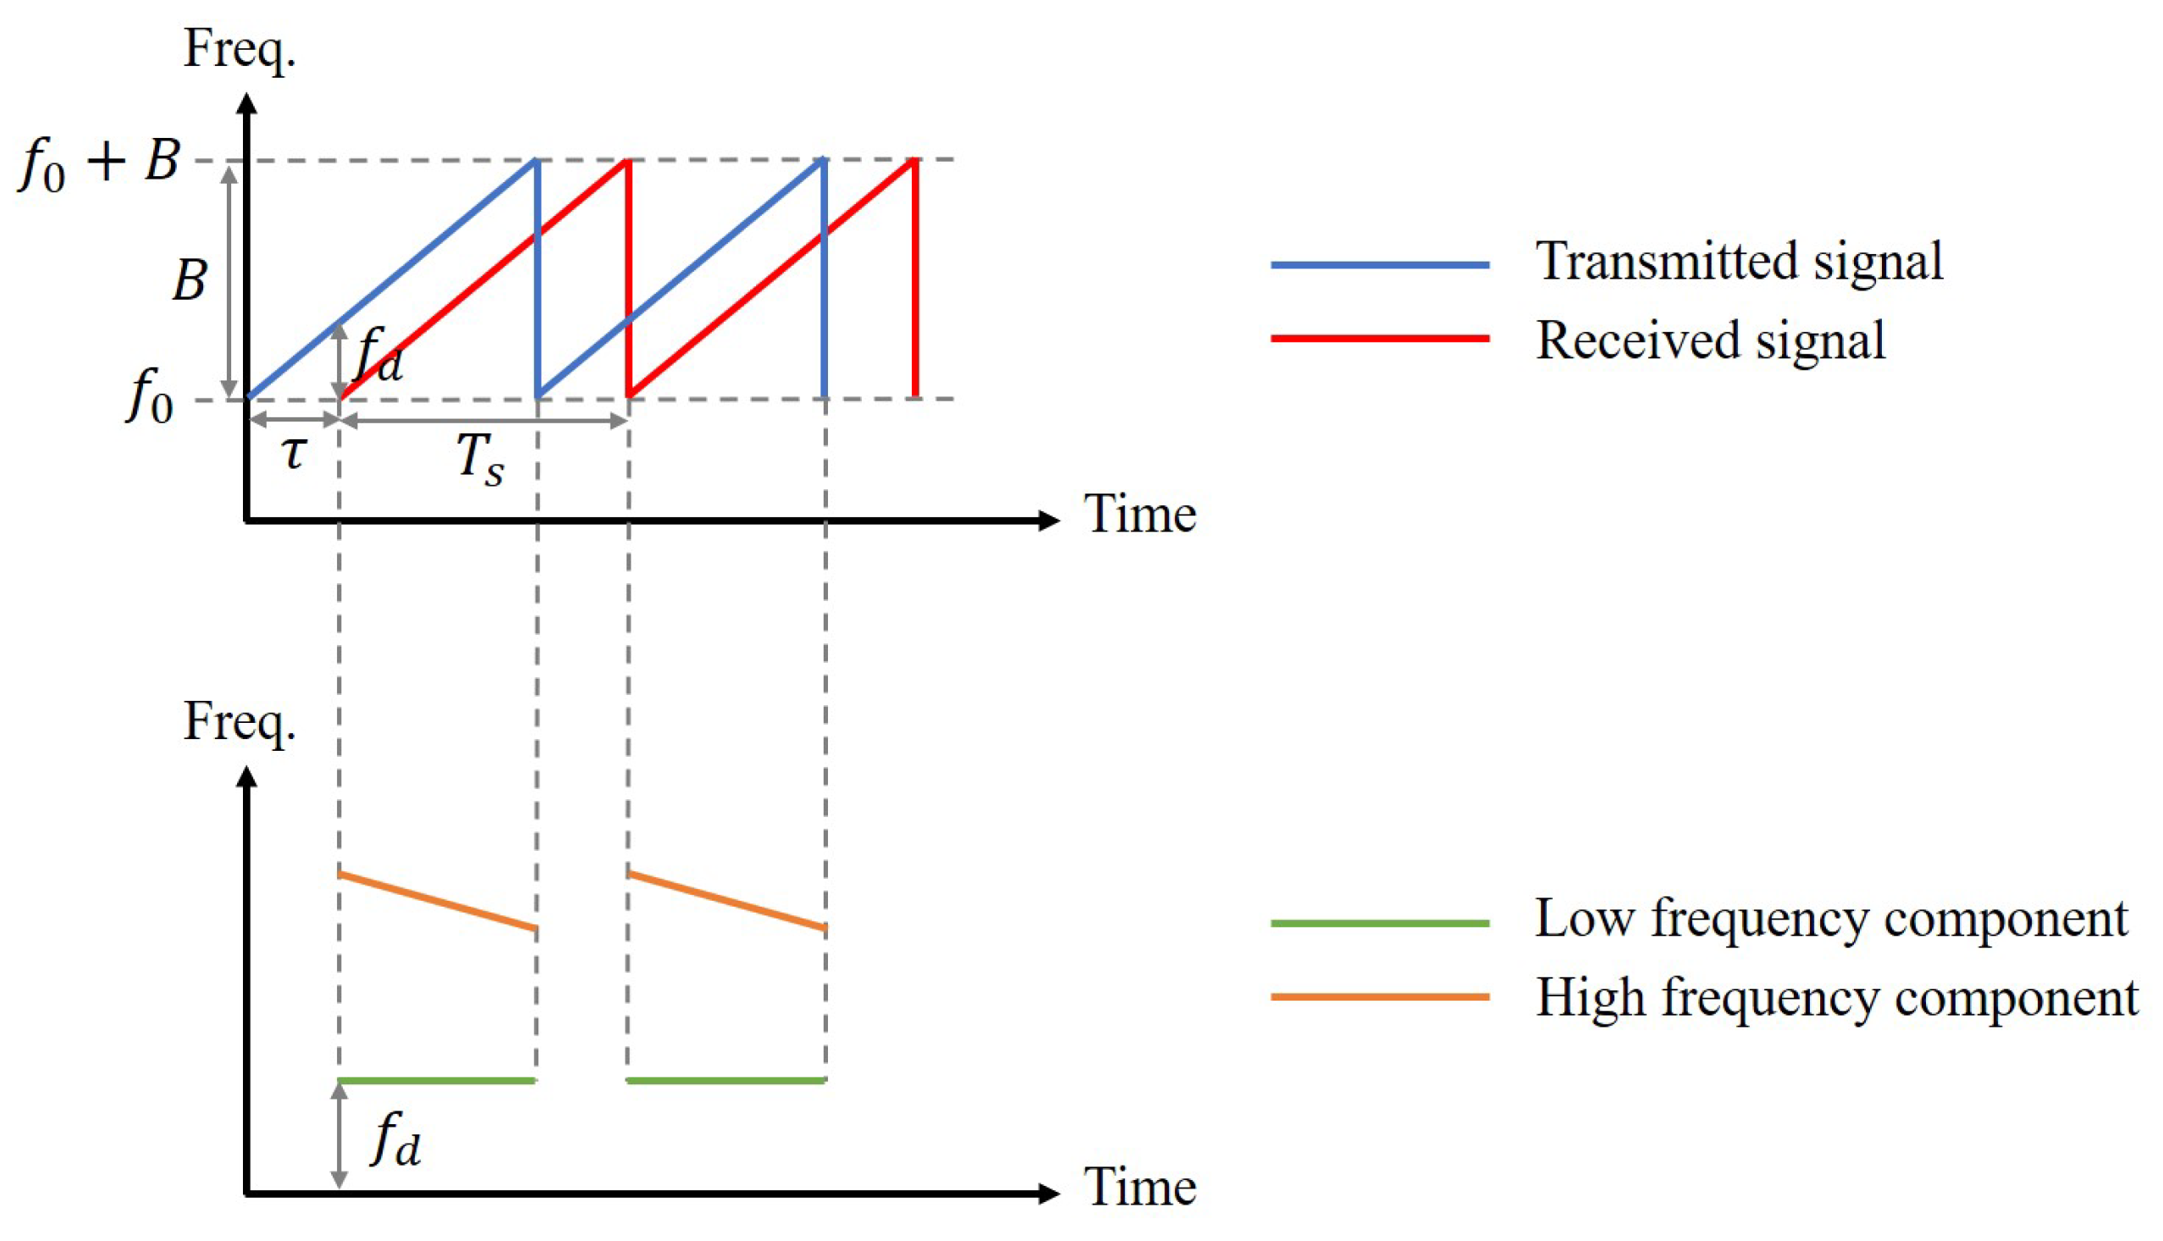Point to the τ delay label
pyautogui.click(x=293, y=452)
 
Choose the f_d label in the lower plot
pyautogui.click(x=395, y=1139)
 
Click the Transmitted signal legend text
pyautogui.click(x=1739, y=261)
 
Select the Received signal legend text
pyautogui.click(x=1709, y=340)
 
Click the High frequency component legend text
pyautogui.click(x=1836, y=997)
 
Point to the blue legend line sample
pyautogui.click(x=1379, y=265)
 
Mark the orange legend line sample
pyautogui.click(x=1379, y=996)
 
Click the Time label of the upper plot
pyautogui.click(x=1139, y=514)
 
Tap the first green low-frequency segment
pyautogui.click(x=436, y=1081)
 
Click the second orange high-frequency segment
pyautogui.click(x=726, y=901)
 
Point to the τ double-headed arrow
pyautogui.click(x=293, y=419)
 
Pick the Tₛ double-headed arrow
pyautogui.click(x=483, y=419)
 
